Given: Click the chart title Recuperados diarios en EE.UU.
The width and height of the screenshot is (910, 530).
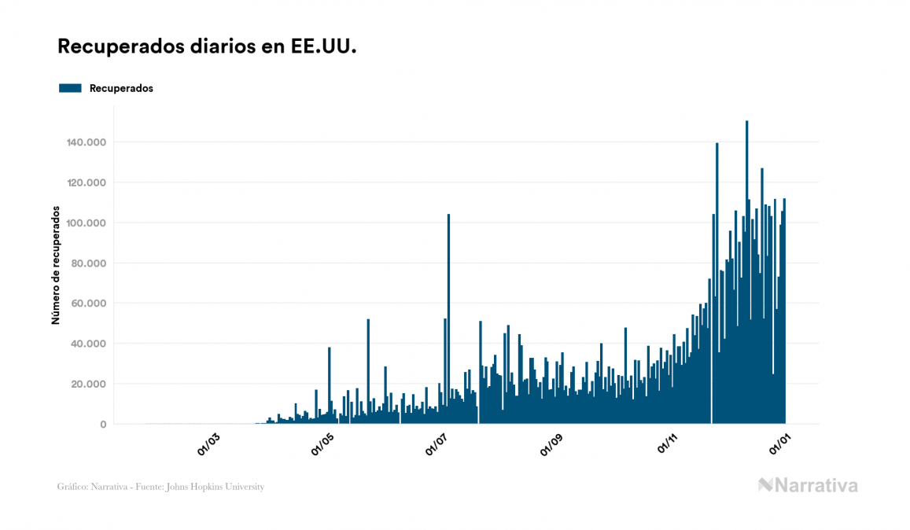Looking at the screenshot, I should pos(207,47).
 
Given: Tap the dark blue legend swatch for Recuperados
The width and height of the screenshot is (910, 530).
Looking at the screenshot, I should pos(70,89).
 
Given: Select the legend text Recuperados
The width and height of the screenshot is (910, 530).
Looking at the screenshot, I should pos(121,89).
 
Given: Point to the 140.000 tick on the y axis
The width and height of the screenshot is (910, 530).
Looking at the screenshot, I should pos(87,142).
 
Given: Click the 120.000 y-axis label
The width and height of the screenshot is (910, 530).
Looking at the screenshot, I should pos(87,182).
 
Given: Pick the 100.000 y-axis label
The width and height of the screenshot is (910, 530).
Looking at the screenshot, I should pos(87,223).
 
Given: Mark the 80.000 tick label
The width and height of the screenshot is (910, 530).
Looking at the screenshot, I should pos(90,263).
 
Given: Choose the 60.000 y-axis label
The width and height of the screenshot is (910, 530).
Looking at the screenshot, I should pos(90,304).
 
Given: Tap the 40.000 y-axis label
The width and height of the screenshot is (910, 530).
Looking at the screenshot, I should pos(90,344).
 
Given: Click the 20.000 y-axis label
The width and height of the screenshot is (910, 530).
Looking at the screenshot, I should pos(90,385).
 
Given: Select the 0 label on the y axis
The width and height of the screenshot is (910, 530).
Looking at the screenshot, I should pos(103,425).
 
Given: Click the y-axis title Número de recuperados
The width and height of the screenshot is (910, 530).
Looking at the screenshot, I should pos(56,265).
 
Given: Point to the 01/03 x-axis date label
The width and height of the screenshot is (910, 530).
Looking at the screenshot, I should pos(209,444).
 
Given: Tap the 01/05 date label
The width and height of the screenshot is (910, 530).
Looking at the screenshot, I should pos(323,444).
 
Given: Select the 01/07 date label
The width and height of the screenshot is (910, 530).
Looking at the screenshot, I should pos(437,444).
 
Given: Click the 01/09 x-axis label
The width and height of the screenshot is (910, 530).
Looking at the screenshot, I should pos(553,444).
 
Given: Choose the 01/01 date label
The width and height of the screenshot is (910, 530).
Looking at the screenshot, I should pos(781,444).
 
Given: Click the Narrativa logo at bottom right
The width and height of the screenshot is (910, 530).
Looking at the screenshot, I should pos(808,485).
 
